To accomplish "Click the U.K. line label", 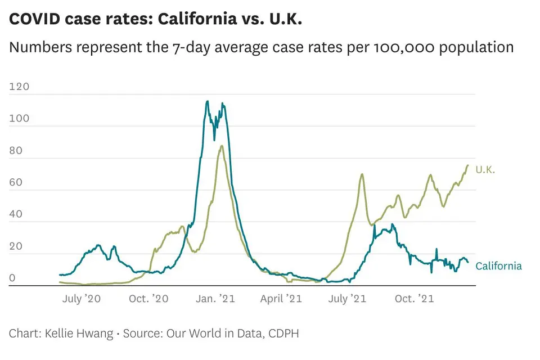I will pos(485,169).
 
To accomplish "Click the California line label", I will pos(498,266).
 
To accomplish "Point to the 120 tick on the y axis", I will pos(19,87).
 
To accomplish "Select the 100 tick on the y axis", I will pos(19,119).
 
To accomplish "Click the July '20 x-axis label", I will pos(81,299).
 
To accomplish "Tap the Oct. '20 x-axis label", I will pos(148,299).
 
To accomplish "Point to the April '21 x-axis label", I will pos(281,299).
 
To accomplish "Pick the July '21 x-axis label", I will pos(346,299).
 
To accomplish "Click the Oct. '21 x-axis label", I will pos(414,299).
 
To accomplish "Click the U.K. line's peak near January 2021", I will pos(222,146).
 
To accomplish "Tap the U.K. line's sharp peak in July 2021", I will pos(362,174).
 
